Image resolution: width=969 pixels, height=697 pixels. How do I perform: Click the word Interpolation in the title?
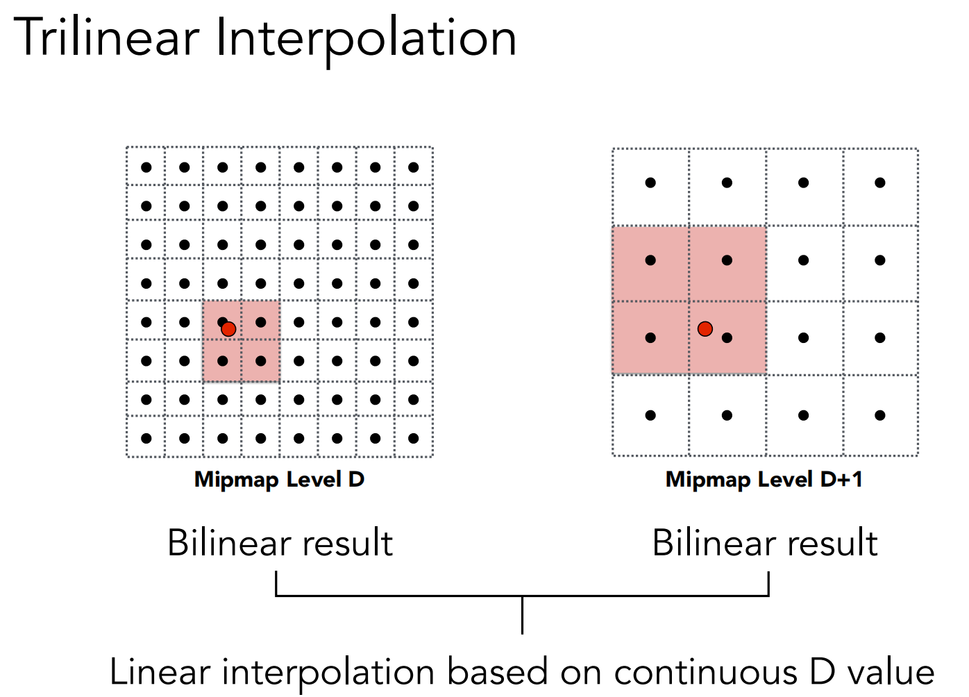(x=366, y=39)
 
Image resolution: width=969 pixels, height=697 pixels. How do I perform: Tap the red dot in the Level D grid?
(x=228, y=329)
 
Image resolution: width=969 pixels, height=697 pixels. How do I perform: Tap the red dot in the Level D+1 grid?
(x=705, y=328)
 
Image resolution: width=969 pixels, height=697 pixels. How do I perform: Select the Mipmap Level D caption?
(x=279, y=479)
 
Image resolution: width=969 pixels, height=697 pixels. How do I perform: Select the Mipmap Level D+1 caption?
(x=764, y=479)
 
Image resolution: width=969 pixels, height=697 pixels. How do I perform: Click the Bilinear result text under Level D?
(x=280, y=543)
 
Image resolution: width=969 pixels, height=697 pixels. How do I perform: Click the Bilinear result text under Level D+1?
(x=765, y=543)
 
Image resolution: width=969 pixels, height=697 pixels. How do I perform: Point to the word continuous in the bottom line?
(x=705, y=673)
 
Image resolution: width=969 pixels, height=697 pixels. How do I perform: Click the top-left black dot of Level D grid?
(x=146, y=167)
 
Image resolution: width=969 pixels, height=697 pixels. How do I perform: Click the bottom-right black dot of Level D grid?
(x=414, y=438)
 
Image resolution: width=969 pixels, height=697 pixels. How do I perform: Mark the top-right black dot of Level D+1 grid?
(x=880, y=183)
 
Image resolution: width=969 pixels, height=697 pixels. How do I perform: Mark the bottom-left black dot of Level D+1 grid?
(x=650, y=415)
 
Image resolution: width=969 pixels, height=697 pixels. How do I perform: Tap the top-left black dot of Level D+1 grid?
(x=650, y=183)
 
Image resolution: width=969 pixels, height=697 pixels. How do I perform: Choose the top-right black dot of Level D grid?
(x=414, y=167)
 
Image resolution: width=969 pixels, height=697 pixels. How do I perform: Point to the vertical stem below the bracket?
(x=522, y=615)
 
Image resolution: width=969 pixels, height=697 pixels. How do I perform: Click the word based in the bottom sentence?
(x=497, y=673)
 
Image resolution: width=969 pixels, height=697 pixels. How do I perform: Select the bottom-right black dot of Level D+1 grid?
(x=880, y=415)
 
